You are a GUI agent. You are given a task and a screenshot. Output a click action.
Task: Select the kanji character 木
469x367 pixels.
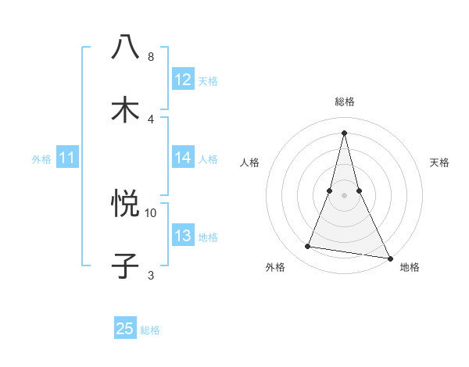coord(125,109)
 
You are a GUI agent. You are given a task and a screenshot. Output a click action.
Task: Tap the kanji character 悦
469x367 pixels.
coord(125,204)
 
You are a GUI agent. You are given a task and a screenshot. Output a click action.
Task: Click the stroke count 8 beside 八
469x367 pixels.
coord(151,57)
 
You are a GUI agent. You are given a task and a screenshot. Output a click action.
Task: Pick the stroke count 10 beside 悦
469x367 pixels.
coord(151,212)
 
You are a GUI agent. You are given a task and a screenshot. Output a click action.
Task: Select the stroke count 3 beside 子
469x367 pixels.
coord(151,275)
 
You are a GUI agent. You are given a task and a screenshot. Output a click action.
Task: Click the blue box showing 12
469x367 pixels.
coord(183,80)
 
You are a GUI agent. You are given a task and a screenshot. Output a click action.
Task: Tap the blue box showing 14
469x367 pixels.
coord(183,158)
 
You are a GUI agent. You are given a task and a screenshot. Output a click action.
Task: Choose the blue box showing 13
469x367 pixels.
coord(183,236)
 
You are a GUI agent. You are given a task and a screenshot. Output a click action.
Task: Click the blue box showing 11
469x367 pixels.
coord(67,158)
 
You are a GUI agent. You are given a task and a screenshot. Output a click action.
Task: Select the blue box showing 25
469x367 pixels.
coord(125,329)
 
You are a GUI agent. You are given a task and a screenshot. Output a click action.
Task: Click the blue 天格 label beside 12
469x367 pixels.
coord(208,81)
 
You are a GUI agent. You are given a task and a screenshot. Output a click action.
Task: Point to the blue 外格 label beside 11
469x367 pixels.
coord(41,159)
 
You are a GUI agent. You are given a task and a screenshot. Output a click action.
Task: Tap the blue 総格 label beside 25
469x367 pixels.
coord(150,330)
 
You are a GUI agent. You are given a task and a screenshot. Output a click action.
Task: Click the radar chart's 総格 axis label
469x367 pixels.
coord(345,102)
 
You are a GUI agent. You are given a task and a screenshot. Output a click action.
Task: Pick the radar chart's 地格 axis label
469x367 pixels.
coord(410,268)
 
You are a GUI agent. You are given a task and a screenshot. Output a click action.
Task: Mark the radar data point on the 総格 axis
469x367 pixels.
coord(345,132)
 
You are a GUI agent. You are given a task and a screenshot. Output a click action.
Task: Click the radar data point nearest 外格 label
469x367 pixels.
coord(308,247)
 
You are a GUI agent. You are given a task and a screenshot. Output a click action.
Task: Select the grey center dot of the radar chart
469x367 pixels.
coord(345,195)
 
